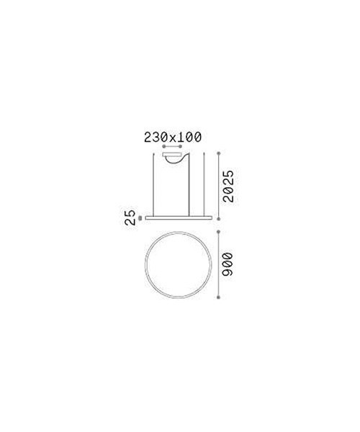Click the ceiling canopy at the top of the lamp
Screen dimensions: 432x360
click(173, 155)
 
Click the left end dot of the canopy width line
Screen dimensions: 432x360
click(164, 147)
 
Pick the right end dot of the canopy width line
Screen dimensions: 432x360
click(181, 147)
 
